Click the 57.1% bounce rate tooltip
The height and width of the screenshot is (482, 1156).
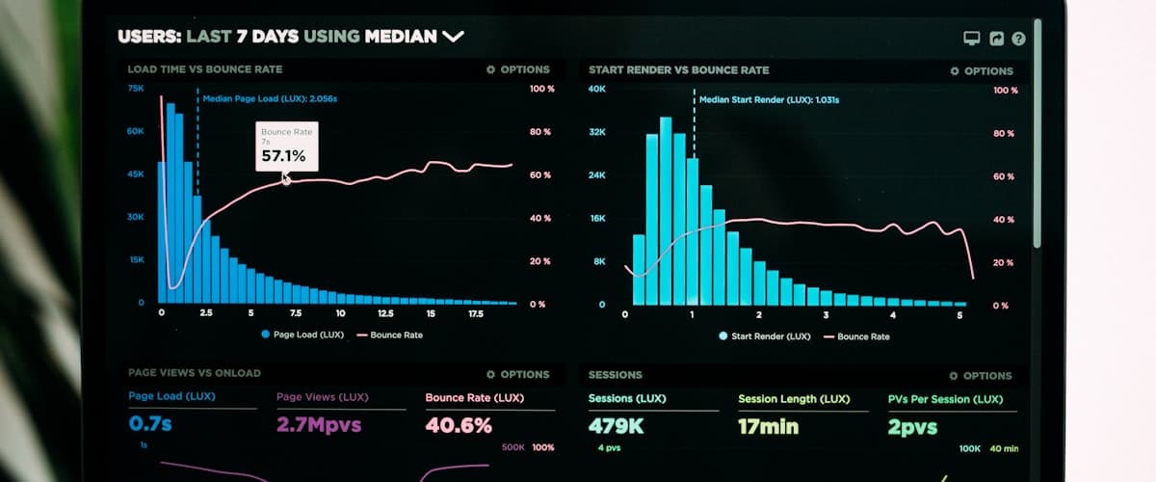pyautogui.click(x=285, y=147)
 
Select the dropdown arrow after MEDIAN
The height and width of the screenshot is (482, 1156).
pyautogui.click(x=453, y=37)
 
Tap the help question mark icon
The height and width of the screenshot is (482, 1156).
pyautogui.click(x=1018, y=39)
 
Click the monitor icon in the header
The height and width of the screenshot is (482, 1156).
pyautogui.click(x=972, y=39)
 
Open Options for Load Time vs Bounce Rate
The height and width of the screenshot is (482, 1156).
pyautogui.click(x=518, y=69)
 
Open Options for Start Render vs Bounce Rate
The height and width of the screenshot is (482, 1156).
pyautogui.click(x=982, y=71)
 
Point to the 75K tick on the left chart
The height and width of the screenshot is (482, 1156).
pyautogui.click(x=136, y=88)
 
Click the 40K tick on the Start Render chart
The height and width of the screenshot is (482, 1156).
pyautogui.click(x=597, y=90)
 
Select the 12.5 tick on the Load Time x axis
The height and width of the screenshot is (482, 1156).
pyautogui.click(x=385, y=313)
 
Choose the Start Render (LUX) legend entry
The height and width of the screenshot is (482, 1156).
pyautogui.click(x=763, y=336)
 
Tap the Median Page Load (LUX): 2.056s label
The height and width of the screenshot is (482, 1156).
pyautogui.click(x=270, y=98)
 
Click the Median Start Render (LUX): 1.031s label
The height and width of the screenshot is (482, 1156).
pyautogui.click(x=769, y=99)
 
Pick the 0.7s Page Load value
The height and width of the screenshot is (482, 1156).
pyautogui.click(x=150, y=424)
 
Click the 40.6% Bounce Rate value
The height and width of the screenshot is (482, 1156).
pyautogui.click(x=459, y=425)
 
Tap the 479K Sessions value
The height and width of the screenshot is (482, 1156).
pyautogui.click(x=617, y=425)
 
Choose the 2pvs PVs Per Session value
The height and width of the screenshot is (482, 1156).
pyautogui.click(x=912, y=426)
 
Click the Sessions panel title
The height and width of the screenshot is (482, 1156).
pyautogui.click(x=615, y=375)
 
